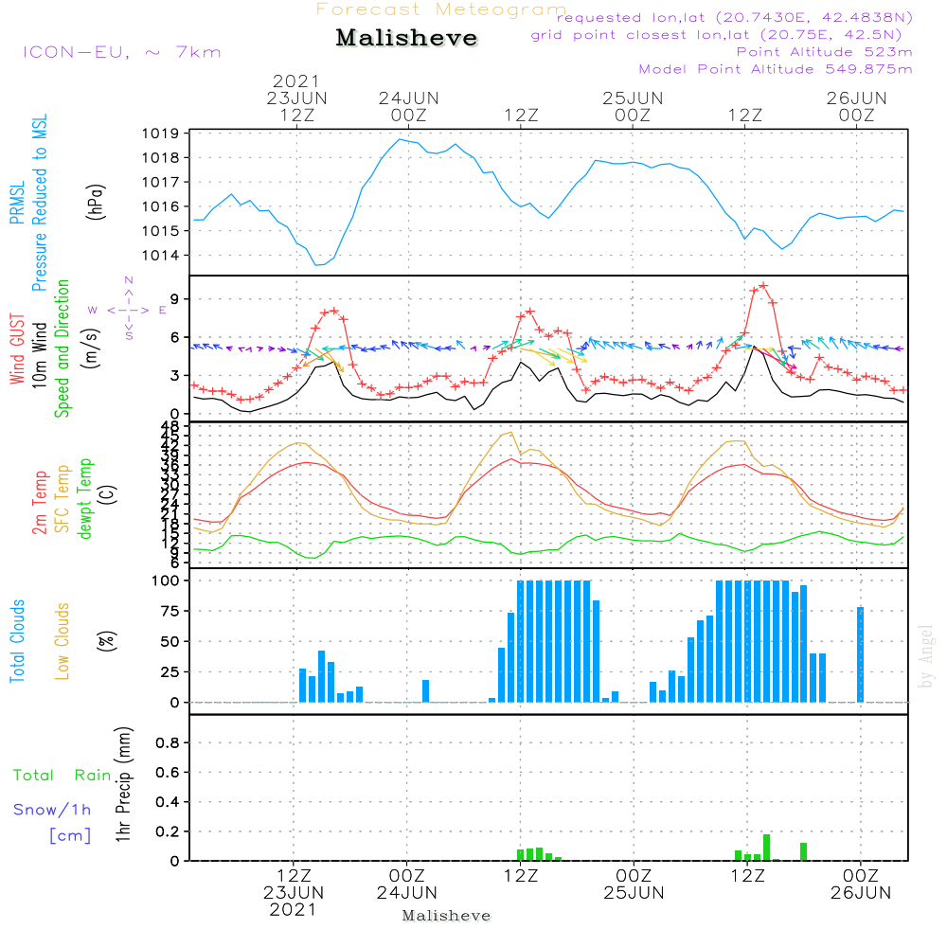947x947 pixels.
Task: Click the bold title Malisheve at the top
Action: (x=406, y=39)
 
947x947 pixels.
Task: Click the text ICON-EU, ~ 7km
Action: (x=121, y=52)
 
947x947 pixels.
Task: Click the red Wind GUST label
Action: (x=17, y=348)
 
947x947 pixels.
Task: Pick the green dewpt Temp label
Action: (x=86, y=498)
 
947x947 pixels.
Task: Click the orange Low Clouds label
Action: (x=63, y=640)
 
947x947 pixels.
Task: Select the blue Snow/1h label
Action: (x=52, y=810)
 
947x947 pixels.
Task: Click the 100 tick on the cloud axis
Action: (x=165, y=581)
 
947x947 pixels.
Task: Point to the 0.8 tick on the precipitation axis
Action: (x=168, y=743)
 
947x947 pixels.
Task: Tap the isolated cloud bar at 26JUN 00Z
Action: (x=860, y=654)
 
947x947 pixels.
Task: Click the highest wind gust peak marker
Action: (x=763, y=285)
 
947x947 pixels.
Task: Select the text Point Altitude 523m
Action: (x=824, y=52)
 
